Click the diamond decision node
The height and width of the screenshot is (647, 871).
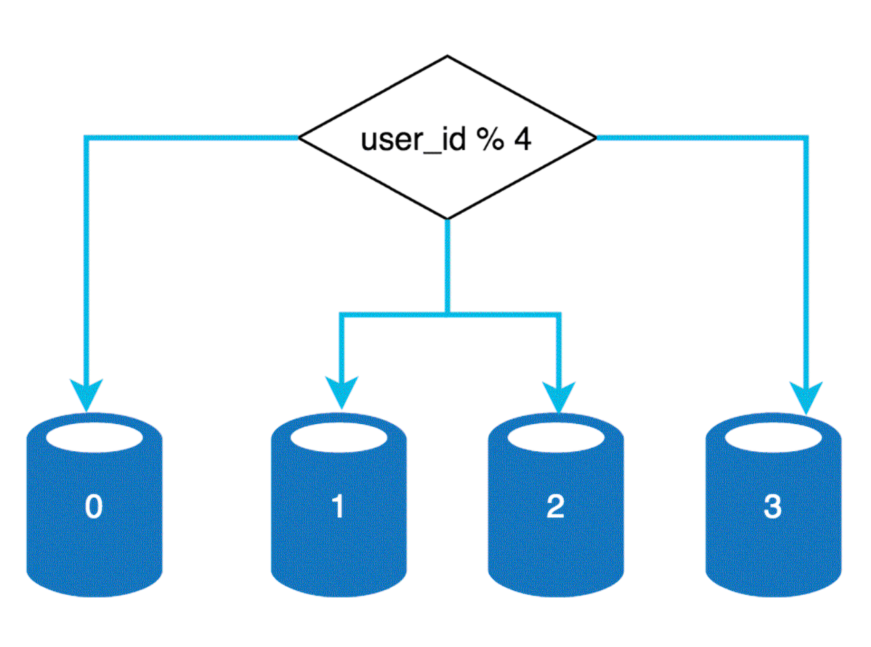pos(447,138)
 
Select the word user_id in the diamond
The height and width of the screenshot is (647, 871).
pos(413,140)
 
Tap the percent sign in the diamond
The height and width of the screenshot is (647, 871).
pos(490,139)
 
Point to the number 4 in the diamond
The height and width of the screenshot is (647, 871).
pos(523,139)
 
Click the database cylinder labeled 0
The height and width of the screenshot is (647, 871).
pos(95,504)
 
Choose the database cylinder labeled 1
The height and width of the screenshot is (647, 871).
pos(338,504)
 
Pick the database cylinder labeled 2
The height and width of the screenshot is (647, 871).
pos(556,504)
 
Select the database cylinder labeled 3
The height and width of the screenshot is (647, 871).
pos(773,504)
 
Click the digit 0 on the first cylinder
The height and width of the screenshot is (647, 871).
pos(94,507)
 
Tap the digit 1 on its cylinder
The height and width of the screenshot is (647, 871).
pos(338,507)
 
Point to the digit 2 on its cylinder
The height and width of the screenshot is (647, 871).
pos(555,507)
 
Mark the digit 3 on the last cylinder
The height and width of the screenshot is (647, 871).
pos(773,507)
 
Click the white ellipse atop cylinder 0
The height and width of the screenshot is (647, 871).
pos(95,437)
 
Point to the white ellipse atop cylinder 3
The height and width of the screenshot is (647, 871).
pos(773,437)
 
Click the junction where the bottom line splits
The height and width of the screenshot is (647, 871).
pos(447,315)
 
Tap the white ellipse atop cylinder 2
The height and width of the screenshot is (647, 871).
pos(556,437)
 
